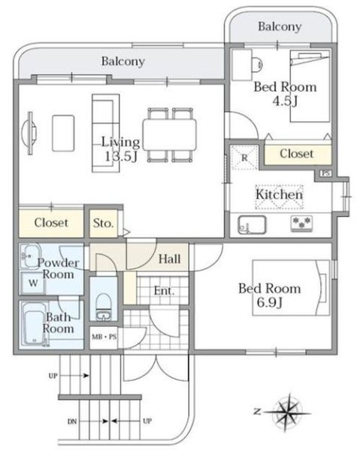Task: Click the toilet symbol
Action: pyautogui.click(x=103, y=307)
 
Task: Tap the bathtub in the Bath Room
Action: pyautogui.click(x=35, y=324)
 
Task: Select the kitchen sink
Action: pyautogui.click(x=252, y=225)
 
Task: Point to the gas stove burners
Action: pyautogui.click(x=301, y=223)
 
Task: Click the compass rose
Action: pyautogui.click(x=288, y=413)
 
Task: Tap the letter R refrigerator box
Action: pyautogui.click(x=244, y=157)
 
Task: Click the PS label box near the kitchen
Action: pyautogui.click(x=325, y=173)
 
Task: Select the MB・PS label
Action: pyautogui.click(x=104, y=337)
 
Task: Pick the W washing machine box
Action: pyautogui.click(x=33, y=283)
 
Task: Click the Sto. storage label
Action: pyautogui.click(x=103, y=223)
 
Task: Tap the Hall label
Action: pyautogui.click(x=170, y=259)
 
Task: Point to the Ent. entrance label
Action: pyautogui.click(x=164, y=291)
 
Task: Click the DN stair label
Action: pyautogui.click(x=72, y=422)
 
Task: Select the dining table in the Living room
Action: pyautogui.click(x=170, y=135)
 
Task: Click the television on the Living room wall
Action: pyautogui.click(x=31, y=133)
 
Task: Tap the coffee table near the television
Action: pyautogui.click(x=63, y=133)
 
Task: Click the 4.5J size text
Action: pyautogui.click(x=285, y=101)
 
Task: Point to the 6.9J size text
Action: pyautogui.click(x=269, y=303)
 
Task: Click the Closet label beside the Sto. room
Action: pyautogui.click(x=51, y=222)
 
